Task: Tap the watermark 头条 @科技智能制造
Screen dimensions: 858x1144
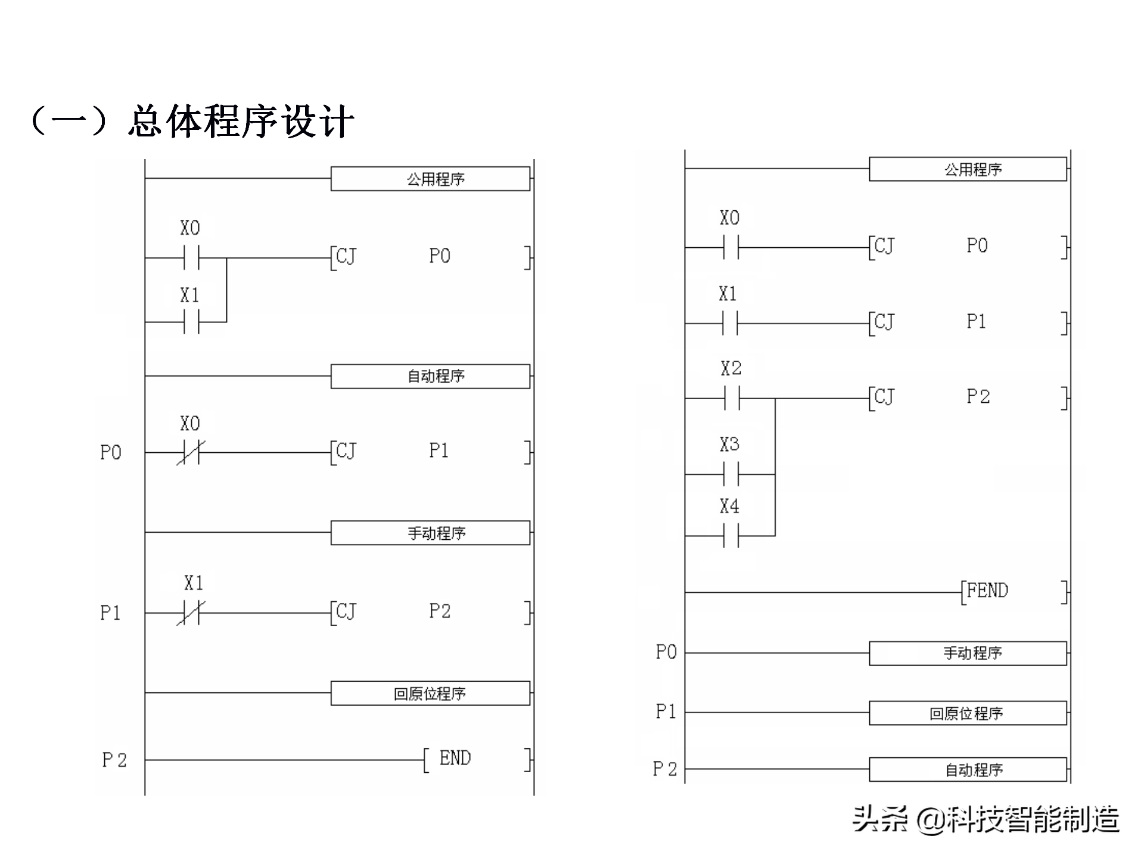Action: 986,819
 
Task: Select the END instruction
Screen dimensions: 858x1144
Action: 455,758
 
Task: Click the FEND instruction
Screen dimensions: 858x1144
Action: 987,590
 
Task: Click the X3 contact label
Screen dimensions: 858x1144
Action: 729,444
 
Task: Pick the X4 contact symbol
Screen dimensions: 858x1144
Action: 731,536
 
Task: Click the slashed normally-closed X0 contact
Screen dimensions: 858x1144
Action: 191,452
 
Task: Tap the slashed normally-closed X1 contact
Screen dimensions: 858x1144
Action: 191,613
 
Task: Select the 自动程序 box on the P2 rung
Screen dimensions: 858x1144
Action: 968,769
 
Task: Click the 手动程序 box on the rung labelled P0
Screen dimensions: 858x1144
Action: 968,653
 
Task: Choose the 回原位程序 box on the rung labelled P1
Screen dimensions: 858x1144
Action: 968,713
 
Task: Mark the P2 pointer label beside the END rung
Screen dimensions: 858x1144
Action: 114,760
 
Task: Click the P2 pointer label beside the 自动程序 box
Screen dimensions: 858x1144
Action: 665,769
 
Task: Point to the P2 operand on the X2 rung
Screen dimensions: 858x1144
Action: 978,397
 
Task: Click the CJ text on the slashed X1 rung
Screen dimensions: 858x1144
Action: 346,611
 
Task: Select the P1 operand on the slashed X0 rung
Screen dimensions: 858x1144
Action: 439,451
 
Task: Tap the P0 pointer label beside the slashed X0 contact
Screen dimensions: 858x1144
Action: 111,453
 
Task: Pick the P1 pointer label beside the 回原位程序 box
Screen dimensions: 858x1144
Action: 666,711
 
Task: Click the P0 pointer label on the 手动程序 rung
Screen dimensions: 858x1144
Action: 666,652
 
